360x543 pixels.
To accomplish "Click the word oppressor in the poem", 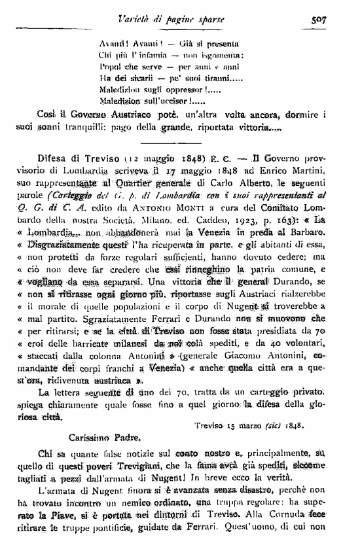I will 184,91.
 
